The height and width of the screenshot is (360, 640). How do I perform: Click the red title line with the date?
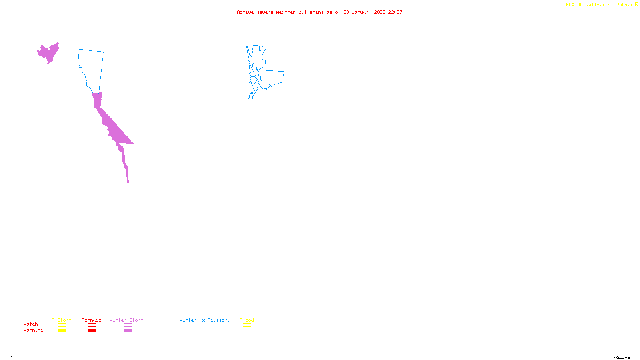(319, 12)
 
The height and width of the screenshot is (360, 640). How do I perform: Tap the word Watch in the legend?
(31, 324)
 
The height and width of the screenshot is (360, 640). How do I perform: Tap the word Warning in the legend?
(33, 330)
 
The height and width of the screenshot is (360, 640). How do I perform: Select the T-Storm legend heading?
(62, 320)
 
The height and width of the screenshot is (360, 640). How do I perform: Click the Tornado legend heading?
(92, 320)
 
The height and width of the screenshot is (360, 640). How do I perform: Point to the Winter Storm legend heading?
(126, 320)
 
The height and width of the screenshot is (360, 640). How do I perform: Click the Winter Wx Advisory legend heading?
(205, 320)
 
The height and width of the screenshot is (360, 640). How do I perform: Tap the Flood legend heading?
(247, 320)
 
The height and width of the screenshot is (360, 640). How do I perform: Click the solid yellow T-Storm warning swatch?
(62, 331)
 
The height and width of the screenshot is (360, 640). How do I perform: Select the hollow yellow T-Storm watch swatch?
(62, 325)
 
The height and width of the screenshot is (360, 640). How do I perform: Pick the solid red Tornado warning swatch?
(92, 331)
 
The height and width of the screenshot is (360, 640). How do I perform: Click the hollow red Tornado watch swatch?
(92, 325)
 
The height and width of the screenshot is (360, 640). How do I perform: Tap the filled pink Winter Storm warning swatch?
(128, 331)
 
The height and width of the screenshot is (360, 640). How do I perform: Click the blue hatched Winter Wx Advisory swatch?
(204, 331)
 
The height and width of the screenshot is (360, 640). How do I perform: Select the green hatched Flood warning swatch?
(247, 331)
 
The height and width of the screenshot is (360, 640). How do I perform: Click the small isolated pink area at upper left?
(49, 53)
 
